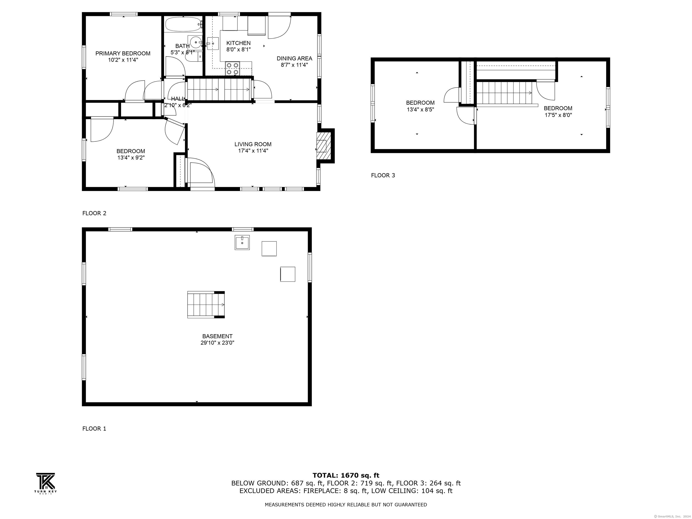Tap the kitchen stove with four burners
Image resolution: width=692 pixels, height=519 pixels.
(x=232, y=68)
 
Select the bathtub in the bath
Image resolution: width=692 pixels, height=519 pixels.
(x=183, y=24)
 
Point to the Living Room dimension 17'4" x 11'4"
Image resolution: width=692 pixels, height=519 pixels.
(x=253, y=151)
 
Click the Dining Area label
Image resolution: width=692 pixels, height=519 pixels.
(x=294, y=59)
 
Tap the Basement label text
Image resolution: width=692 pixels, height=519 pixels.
(x=217, y=336)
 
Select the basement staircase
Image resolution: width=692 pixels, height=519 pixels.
(x=206, y=305)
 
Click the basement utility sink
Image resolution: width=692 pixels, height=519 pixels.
(x=242, y=242)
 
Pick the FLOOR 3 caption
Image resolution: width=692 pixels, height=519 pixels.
(x=383, y=175)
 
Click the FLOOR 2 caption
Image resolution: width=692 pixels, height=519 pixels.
(x=94, y=213)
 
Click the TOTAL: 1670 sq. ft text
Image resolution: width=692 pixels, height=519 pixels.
(x=346, y=476)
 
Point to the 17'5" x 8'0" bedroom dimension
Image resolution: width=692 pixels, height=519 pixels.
(x=558, y=115)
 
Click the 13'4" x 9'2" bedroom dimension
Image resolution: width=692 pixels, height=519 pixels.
(x=131, y=158)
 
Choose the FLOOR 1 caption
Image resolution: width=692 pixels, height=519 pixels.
(x=94, y=429)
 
